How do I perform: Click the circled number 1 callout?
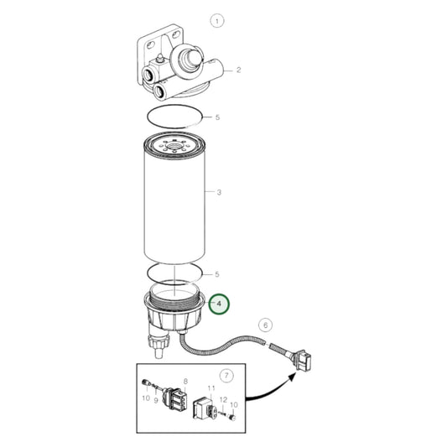click(x=217, y=21)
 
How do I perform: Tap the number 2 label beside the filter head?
click(x=239, y=70)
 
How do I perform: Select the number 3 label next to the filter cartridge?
click(x=219, y=192)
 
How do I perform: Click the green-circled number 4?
click(x=219, y=304)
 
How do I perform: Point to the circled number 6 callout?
click(x=265, y=325)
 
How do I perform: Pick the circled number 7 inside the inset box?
click(x=226, y=375)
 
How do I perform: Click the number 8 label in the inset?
click(x=185, y=381)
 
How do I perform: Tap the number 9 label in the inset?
click(x=156, y=401)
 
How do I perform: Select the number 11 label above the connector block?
click(x=211, y=388)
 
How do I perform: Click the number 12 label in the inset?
click(x=223, y=400)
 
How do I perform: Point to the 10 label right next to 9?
click(x=146, y=398)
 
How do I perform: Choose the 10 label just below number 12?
click(x=234, y=405)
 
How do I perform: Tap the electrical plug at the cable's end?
click(x=303, y=360)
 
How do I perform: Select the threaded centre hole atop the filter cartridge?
click(x=173, y=146)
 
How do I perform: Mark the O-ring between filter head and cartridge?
click(x=174, y=117)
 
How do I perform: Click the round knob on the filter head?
click(x=190, y=58)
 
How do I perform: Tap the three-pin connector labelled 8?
click(x=177, y=398)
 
